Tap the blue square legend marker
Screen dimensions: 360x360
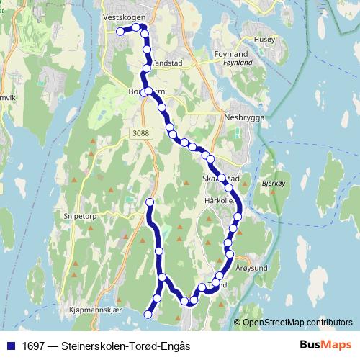click(10, 346)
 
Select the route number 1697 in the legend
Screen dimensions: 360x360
click(34, 346)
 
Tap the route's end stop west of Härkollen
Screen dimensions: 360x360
click(150, 202)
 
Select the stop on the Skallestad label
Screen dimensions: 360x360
click(222, 178)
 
